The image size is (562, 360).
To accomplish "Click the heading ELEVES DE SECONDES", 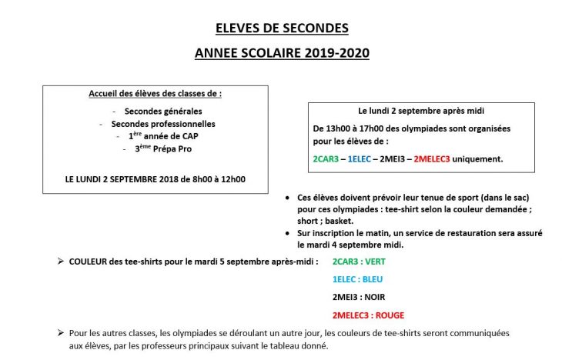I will tap(282, 28).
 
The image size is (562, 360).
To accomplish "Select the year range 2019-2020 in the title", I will tap(336, 53).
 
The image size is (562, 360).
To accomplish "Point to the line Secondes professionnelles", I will tap(163, 123).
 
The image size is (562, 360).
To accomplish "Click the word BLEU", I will tap(372, 279).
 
